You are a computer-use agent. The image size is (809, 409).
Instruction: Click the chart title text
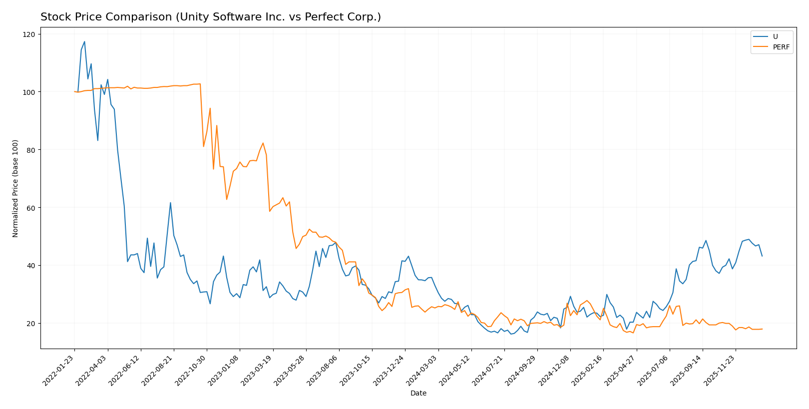point(210,17)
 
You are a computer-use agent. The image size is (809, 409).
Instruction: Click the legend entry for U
point(775,36)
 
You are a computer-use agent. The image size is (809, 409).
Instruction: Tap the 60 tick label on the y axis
point(31,208)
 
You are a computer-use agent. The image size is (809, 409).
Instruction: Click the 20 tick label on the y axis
point(31,324)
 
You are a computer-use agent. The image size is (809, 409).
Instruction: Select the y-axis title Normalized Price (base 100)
point(15,188)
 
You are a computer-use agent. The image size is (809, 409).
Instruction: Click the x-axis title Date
point(418,394)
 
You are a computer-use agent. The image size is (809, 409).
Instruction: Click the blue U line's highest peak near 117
point(84,41)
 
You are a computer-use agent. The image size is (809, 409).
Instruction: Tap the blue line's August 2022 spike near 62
point(170,203)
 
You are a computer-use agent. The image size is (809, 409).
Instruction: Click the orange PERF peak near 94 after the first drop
point(210,108)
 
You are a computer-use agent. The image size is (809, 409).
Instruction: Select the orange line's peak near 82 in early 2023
point(263,143)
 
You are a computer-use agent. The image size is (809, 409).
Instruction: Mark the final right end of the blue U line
point(762,256)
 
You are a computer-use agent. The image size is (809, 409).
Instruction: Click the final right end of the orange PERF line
point(762,329)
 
